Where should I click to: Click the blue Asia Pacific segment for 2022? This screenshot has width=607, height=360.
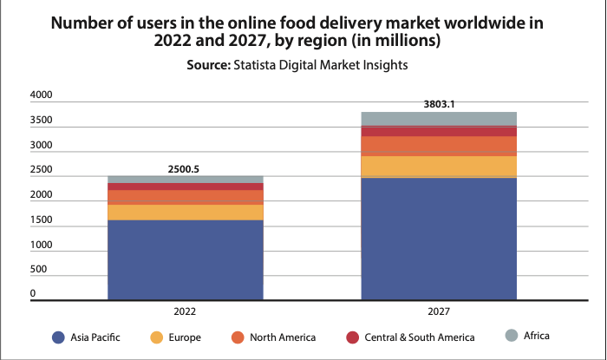[x=186, y=259]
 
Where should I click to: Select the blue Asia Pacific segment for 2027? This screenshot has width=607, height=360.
[x=439, y=238]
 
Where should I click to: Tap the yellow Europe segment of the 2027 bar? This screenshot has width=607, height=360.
[x=439, y=166]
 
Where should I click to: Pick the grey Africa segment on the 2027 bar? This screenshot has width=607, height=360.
[x=439, y=119]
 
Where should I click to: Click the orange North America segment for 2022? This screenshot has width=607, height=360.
[x=186, y=197]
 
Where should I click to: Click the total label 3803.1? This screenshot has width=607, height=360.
[x=439, y=104]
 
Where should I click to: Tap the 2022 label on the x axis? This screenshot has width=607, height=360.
[x=185, y=311]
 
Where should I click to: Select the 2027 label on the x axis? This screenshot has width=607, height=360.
[x=439, y=311]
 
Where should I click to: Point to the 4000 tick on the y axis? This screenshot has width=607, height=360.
[x=42, y=94]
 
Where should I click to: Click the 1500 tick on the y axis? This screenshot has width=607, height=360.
[x=42, y=220]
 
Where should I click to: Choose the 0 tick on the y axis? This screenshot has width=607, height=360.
[x=33, y=294]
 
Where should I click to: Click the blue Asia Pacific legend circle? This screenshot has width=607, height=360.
[x=58, y=337]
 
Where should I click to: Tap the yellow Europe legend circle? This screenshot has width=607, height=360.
[x=157, y=337]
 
